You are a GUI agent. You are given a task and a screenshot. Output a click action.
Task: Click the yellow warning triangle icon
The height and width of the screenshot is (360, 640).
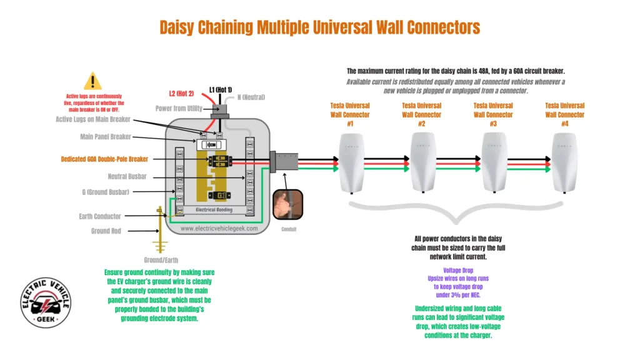point(92,81)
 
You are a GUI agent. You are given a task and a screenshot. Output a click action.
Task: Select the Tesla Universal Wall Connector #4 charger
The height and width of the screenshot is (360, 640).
point(564,164)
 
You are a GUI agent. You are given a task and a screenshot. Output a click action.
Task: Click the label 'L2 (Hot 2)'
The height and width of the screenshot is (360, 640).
point(181,94)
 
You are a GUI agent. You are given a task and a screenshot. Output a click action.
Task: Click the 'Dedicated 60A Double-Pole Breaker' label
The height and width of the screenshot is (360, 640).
point(104,159)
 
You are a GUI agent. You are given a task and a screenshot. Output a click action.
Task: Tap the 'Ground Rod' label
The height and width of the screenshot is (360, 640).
point(106,231)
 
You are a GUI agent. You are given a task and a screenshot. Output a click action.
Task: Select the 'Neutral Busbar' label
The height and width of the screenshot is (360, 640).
point(126,177)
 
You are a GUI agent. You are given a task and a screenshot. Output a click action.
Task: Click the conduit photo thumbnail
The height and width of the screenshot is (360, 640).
point(287,204)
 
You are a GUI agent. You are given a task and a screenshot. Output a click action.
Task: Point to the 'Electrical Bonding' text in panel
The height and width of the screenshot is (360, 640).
point(214,210)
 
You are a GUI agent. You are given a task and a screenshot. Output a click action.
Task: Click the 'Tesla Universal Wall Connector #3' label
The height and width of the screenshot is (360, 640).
point(493,114)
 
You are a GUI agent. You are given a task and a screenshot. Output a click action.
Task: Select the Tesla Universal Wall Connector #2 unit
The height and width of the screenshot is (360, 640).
point(422,164)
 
